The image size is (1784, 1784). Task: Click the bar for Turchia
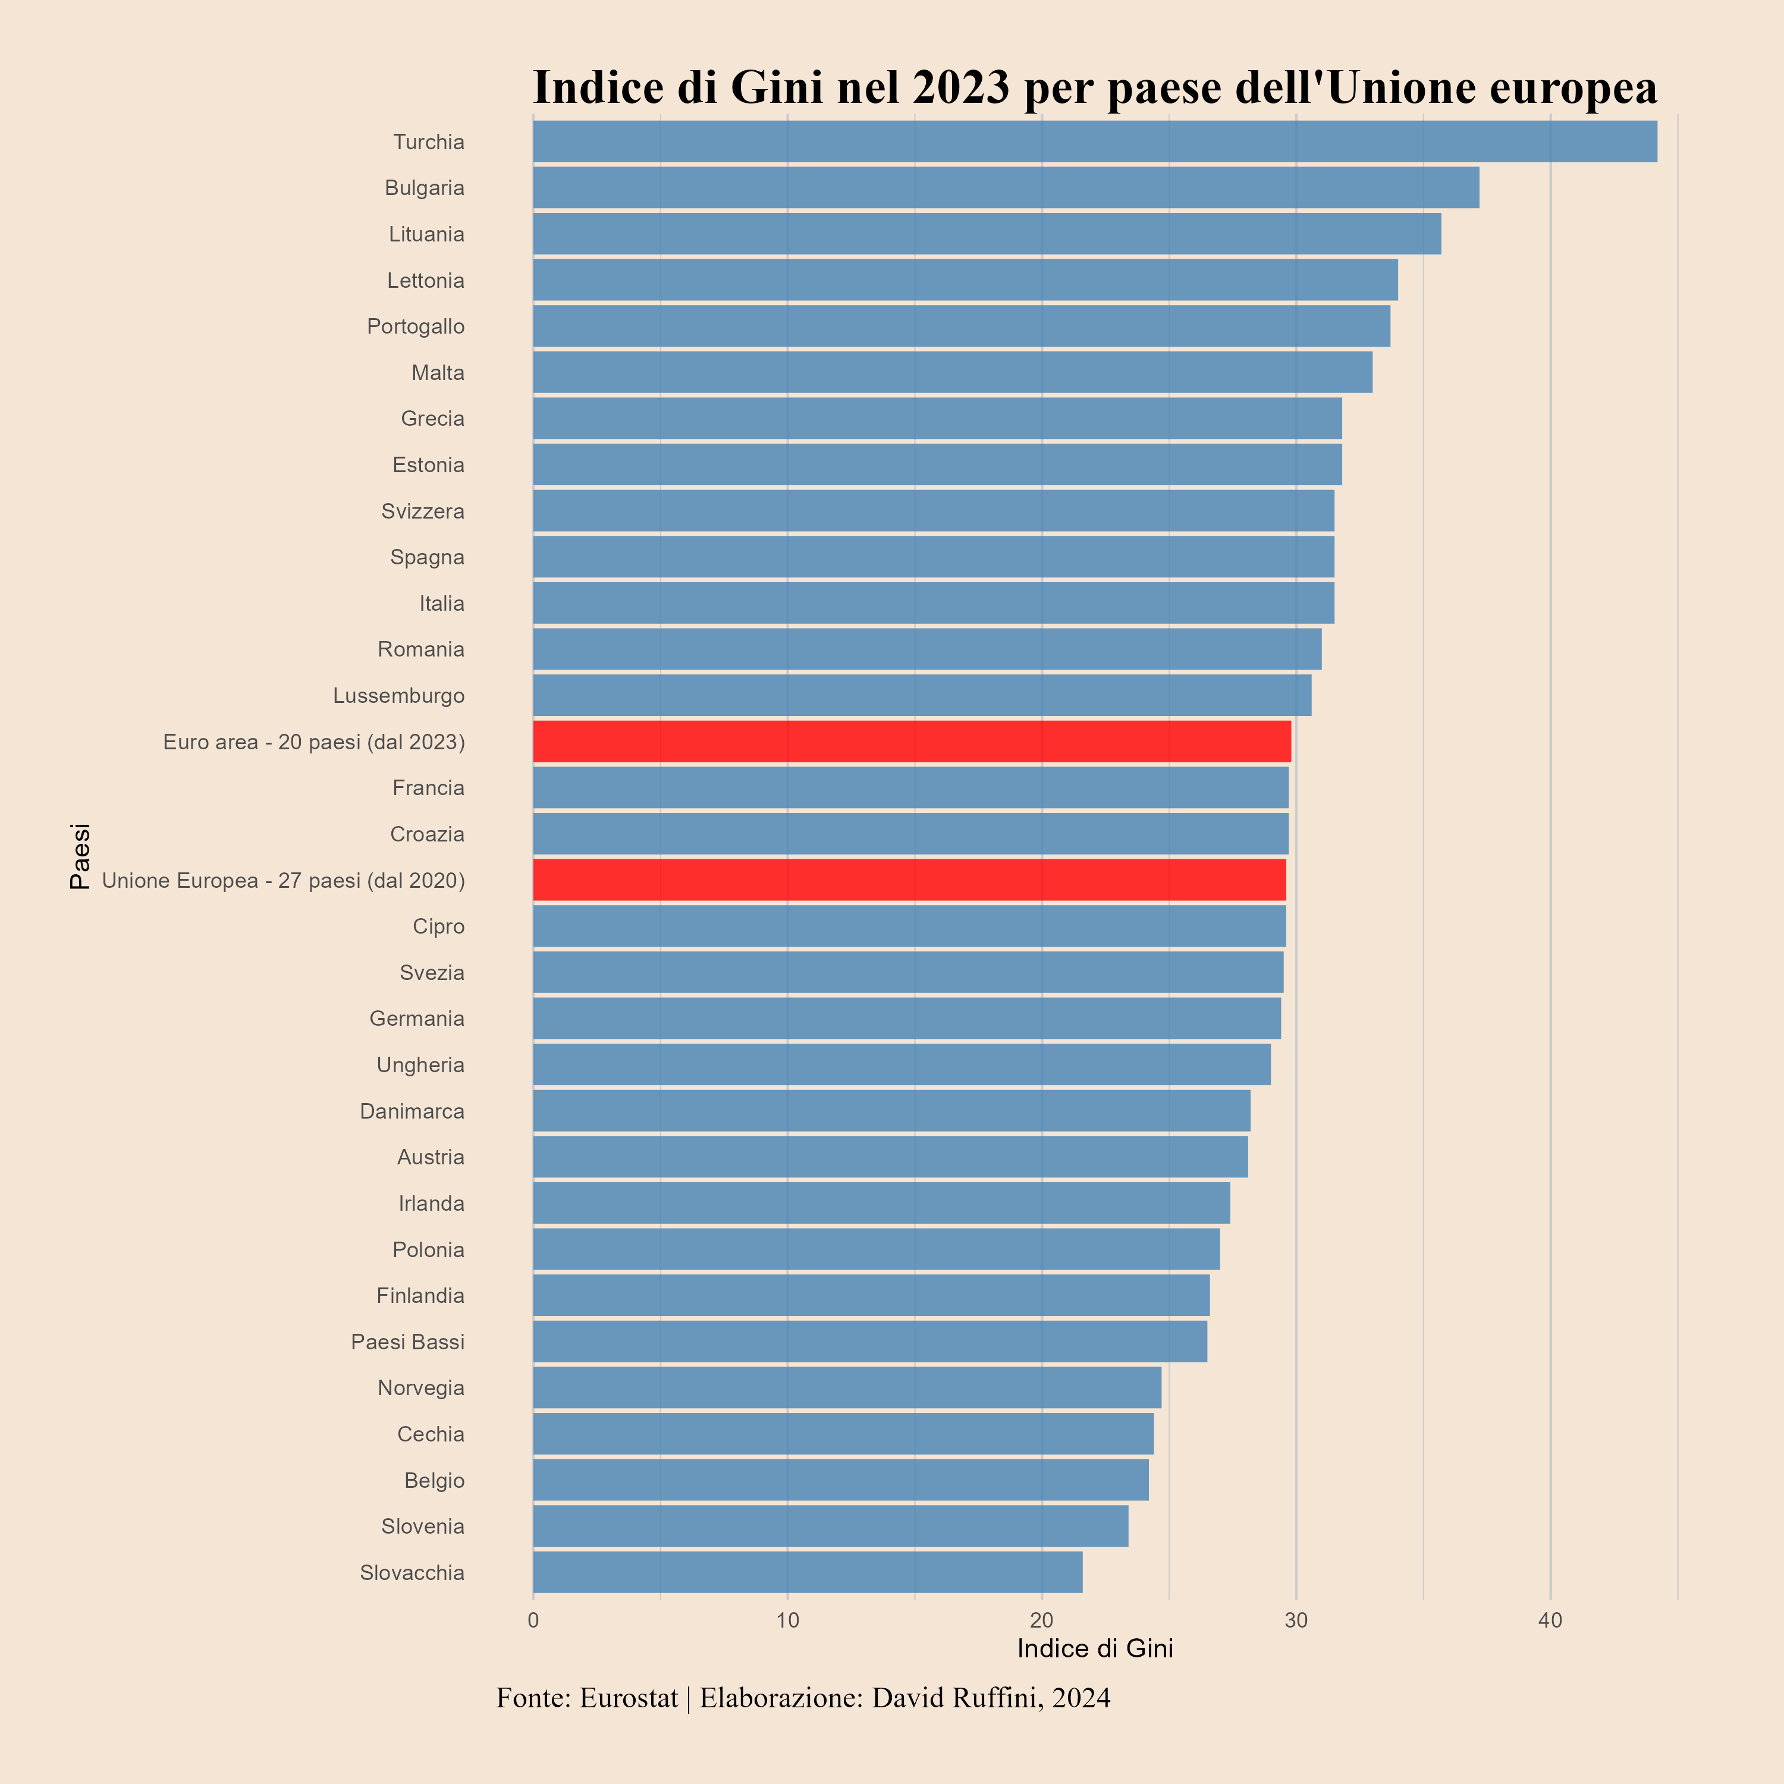click(x=1094, y=142)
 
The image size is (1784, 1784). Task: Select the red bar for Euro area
click(x=912, y=742)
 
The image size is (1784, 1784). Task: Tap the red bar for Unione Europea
click(x=909, y=880)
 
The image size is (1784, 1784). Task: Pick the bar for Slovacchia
click(x=807, y=1572)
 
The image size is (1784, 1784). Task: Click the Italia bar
click(x=932, y=603)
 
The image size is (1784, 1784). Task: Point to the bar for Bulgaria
click(x=1006, y=187)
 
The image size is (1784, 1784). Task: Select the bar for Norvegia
click(x=847, y=1388)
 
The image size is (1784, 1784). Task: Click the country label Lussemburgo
click(x=399, y=695)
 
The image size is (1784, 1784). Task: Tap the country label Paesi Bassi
click(x=407, y=1342)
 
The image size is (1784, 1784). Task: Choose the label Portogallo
click(x=416, y=326)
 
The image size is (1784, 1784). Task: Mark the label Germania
click(x=416, y=1019)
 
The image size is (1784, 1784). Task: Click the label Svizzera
click(x=423, y=511)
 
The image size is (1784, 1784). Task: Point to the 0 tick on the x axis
click(x=533, y=1620)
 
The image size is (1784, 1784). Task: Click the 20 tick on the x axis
click(x=1042, y=1620)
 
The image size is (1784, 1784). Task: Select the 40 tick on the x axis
click(x=1550, y=1620)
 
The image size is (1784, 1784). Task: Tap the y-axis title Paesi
click(x=80, y=856)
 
